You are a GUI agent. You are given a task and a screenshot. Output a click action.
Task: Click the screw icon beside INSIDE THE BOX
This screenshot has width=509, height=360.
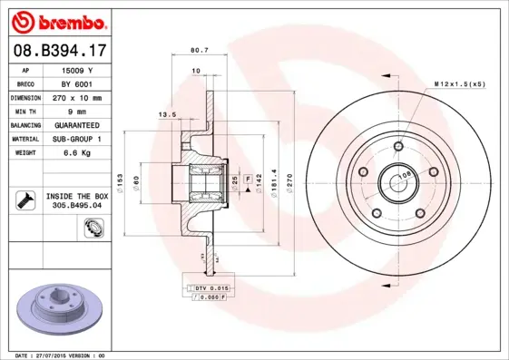point(24,200)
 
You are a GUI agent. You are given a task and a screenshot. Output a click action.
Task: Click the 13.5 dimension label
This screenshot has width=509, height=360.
point(167,115)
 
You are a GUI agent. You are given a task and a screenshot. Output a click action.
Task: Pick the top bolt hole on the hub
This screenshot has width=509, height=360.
point(398,145)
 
